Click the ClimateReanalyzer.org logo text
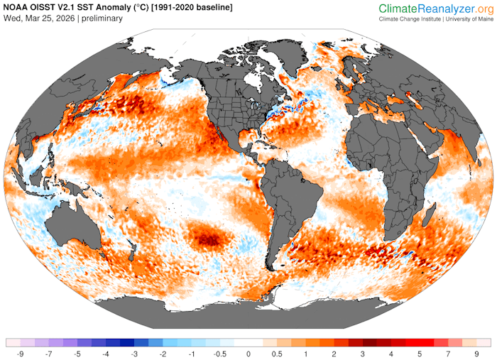(x=435, y=9)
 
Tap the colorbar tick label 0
(x=248, y=353)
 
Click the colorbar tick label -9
(x=21, y=353)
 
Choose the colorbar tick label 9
(x=476, y=353)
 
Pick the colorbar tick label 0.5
(x=277, y=353)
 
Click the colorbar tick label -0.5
(x=219, y=353)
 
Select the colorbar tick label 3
(x=362, y=353)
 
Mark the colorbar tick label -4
(x=106, y=353)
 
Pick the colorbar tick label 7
(x=448, y=353)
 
